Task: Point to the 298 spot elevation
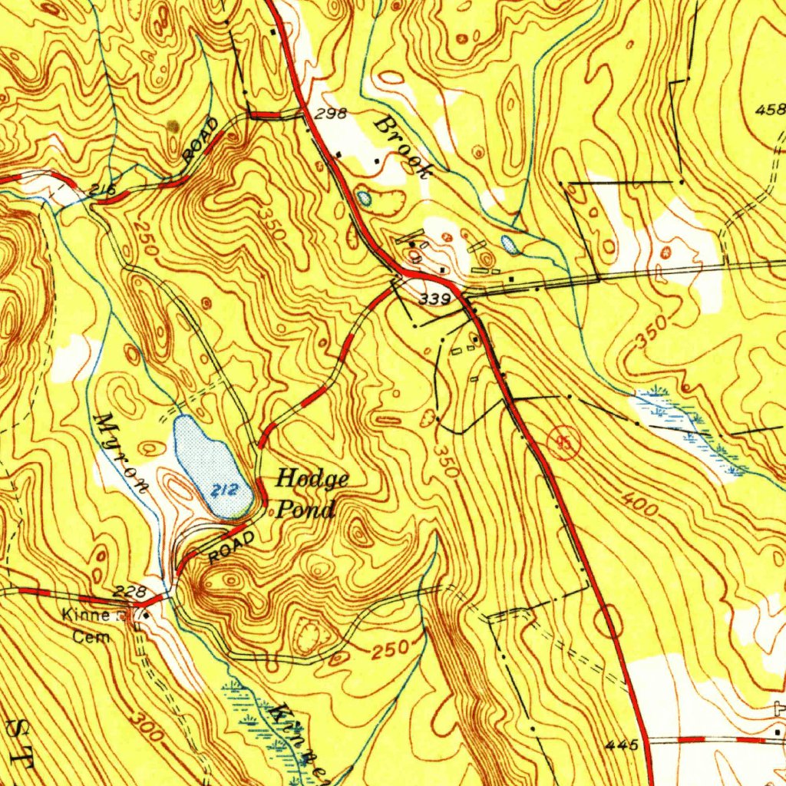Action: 332,114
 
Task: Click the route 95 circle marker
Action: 565,443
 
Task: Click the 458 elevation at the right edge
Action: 770,110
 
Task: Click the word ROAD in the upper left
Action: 201,139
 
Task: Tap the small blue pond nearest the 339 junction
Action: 508,244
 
